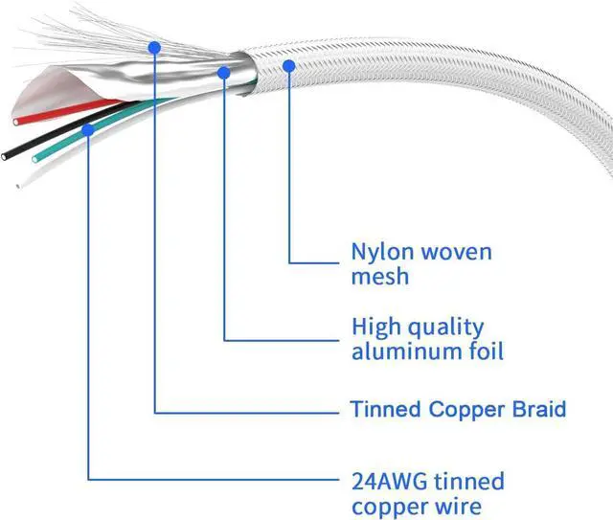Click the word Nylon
(379, 253)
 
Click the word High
(375, 328)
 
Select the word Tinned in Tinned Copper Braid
(385, 410)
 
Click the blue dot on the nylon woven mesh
(288, 64)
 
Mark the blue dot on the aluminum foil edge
(224, 71)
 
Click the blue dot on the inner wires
(88, 127)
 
